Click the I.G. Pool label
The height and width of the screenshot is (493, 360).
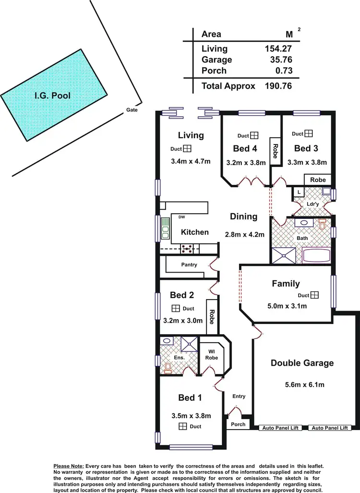point(52,96)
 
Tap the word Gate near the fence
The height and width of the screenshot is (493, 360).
point(132,110)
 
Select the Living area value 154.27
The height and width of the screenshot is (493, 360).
point(278,48)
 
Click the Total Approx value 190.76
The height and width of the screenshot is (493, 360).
point(278,86)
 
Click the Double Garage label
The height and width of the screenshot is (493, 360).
point(302,363)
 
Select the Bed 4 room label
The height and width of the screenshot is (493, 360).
point(245,148)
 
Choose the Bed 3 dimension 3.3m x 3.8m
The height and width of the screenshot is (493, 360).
point(307,162)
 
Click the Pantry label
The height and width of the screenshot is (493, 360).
point(189,265)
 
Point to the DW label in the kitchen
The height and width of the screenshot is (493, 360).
point(182,217)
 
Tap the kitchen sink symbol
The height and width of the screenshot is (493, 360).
point(165,228)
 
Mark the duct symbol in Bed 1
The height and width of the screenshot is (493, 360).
point(182,426)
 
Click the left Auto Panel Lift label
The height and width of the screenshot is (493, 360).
point(280,427)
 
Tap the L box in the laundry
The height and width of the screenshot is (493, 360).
point(299,192)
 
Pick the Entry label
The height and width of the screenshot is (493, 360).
point(239,396)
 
